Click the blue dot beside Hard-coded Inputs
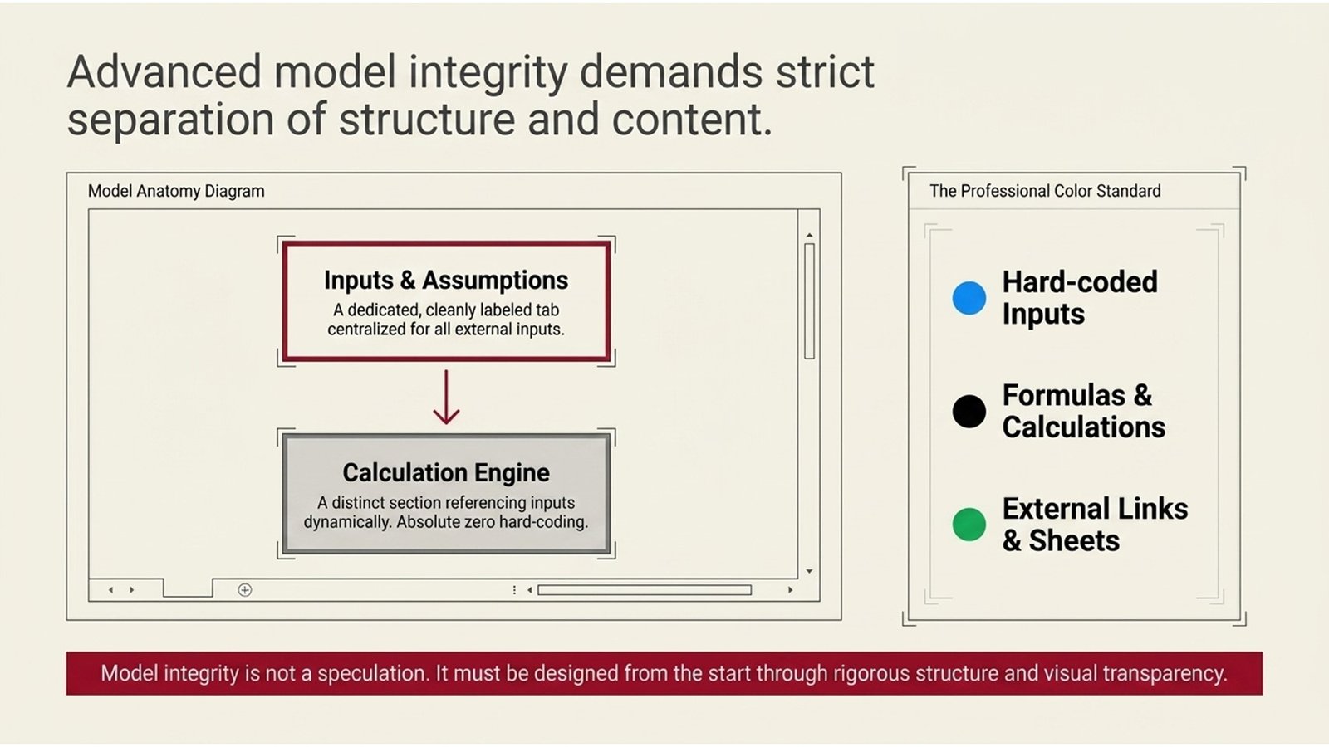point(969,298)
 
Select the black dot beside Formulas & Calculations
point(969,411)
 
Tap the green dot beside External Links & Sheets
point(969,525)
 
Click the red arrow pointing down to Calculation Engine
point(446,398)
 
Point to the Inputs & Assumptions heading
point(446,281)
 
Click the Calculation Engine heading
point(446,473)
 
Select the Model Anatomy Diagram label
point(176,191)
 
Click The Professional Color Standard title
point(1045,191)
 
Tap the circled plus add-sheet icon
point(245,590)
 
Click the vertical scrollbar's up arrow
point(809,236)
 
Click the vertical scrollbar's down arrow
point(809,571)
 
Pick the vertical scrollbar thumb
point(809,300)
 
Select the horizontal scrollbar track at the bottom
point(644,590)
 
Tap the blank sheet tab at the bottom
point(188,588)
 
